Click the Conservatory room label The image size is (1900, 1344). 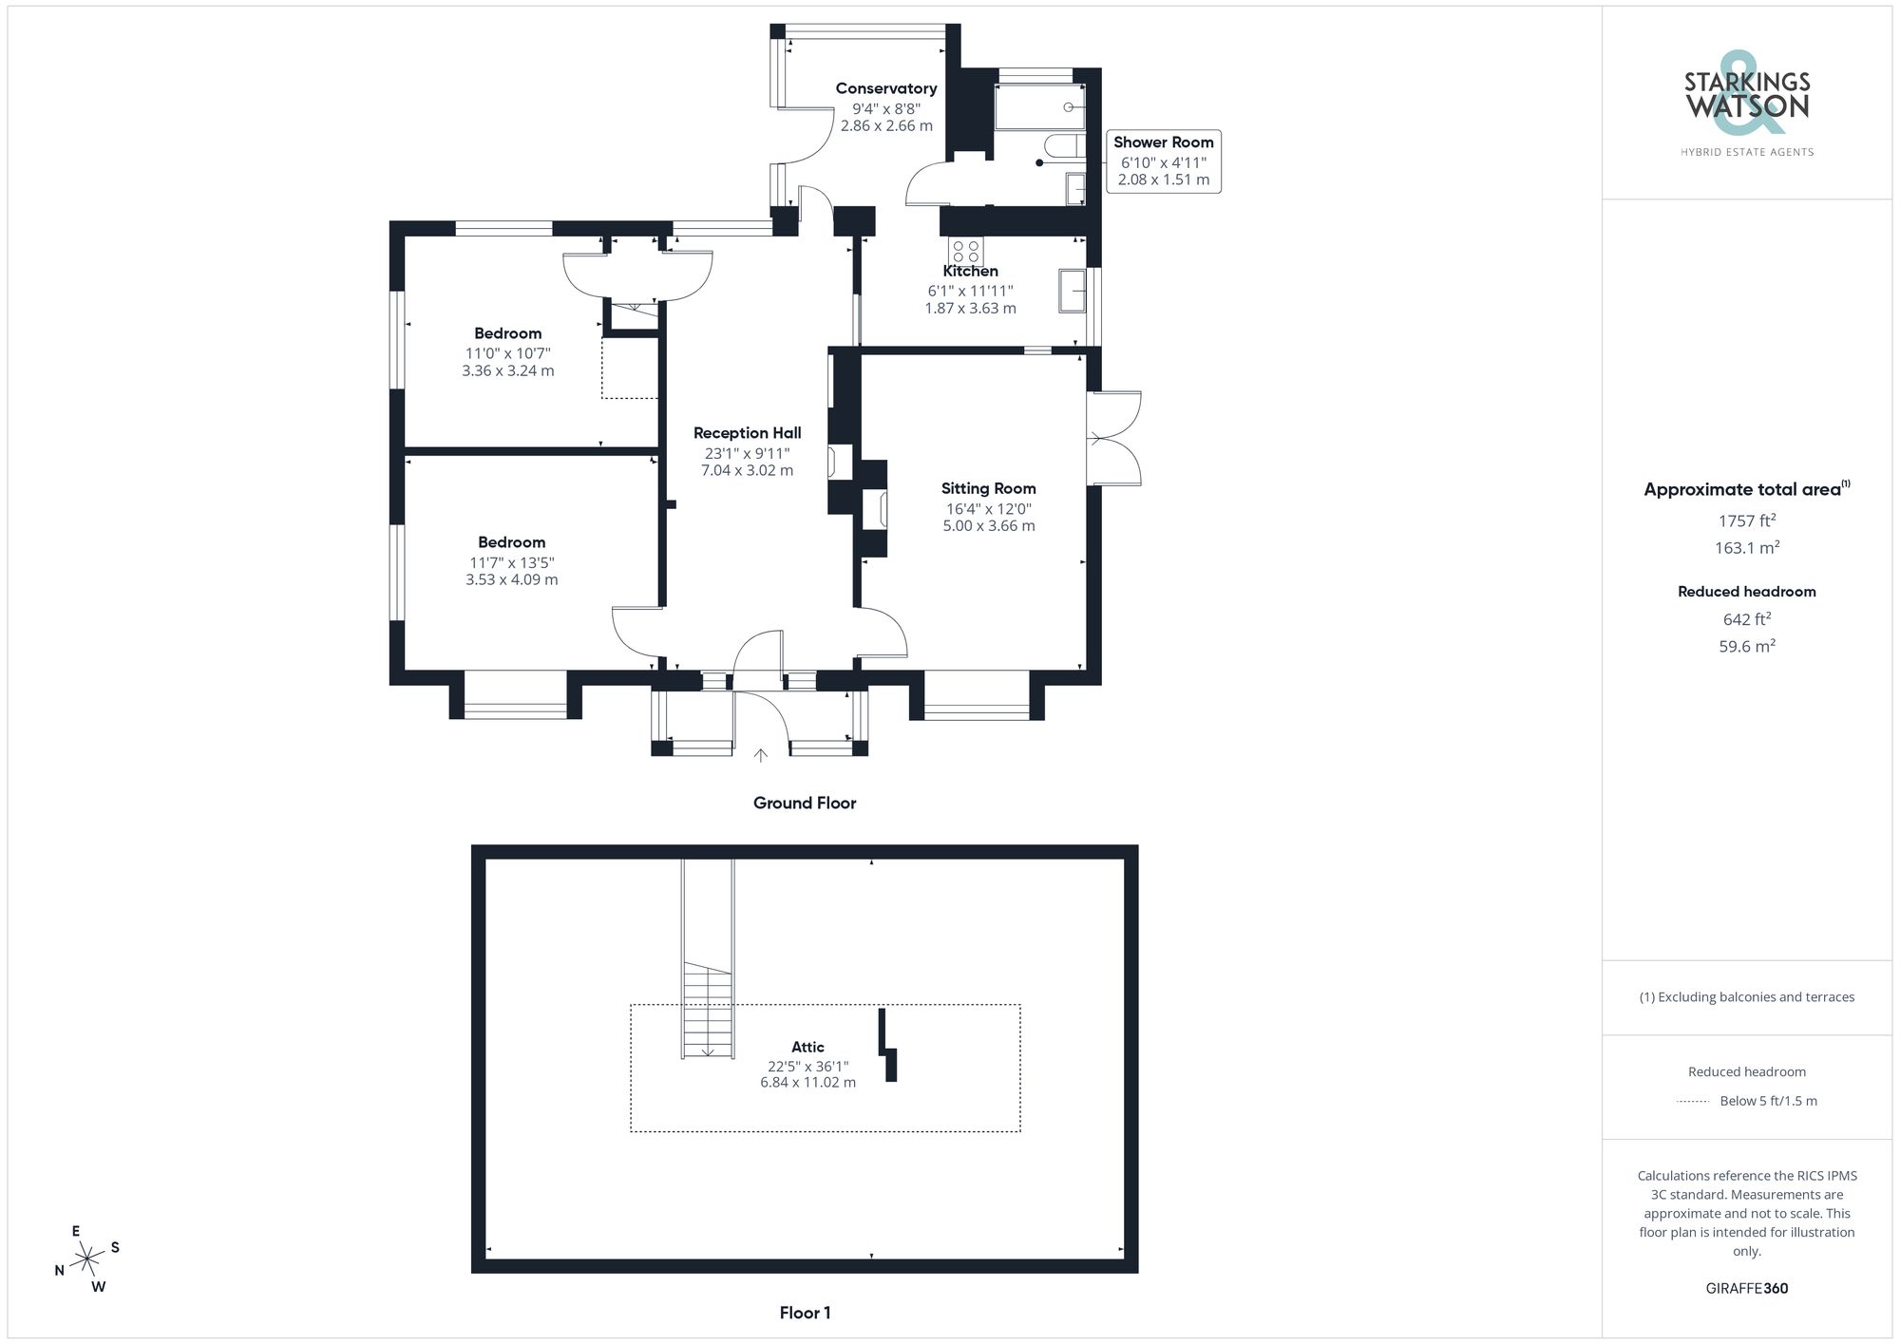[885, 88]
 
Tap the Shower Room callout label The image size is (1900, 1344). [1163, 142]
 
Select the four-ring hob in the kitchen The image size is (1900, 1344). [966, 251]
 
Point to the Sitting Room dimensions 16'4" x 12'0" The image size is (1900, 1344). [988, 508]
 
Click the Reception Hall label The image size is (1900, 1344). [747, 433]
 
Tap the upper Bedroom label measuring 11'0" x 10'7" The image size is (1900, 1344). [508, 333]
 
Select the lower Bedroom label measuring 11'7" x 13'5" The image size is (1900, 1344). [511, 542]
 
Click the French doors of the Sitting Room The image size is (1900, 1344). [1113, 439]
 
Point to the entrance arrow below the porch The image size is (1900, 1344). [760, 756]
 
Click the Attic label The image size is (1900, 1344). [807, 1047]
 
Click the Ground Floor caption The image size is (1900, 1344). [805, 803]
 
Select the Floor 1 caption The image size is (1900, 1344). [805, 1313]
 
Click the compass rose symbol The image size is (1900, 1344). [87, 1259]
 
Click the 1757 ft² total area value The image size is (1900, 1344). [1746, 521]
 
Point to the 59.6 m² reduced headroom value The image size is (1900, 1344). [1746, 646]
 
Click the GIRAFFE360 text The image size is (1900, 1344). [1746, 1288]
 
